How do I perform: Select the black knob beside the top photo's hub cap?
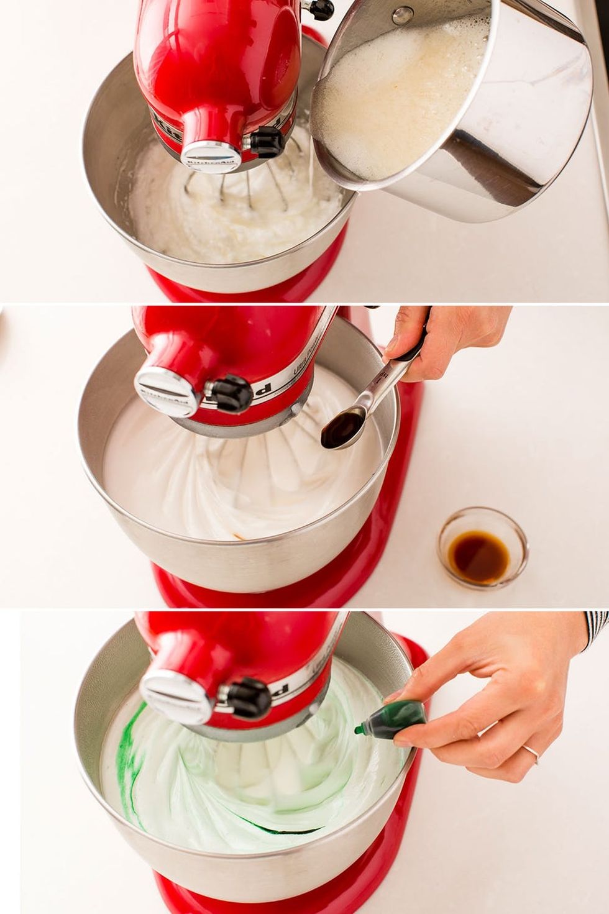point(267,141)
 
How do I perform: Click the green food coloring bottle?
point(395,721)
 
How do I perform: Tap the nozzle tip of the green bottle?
point(359,731)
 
